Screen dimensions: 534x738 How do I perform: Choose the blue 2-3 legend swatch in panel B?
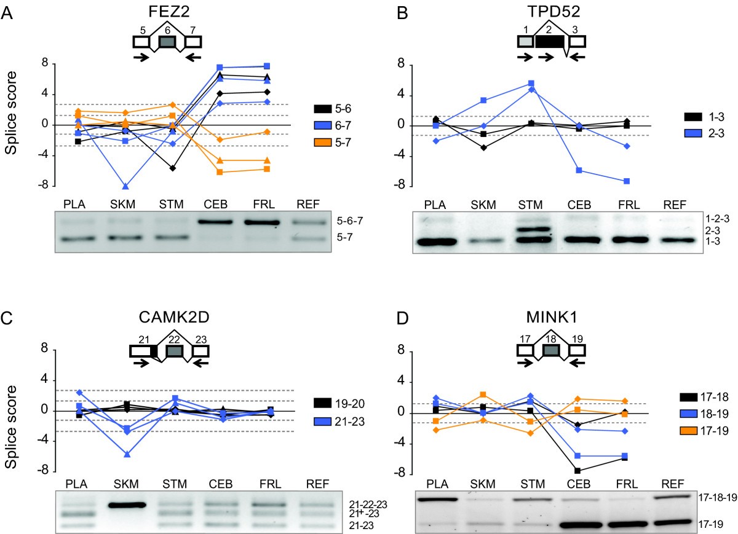692,133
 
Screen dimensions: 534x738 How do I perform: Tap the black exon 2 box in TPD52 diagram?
550,41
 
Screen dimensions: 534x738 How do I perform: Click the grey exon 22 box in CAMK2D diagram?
175,351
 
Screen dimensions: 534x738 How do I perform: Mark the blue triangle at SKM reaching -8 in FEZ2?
125,186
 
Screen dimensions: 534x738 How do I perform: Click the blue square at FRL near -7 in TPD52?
627,181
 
